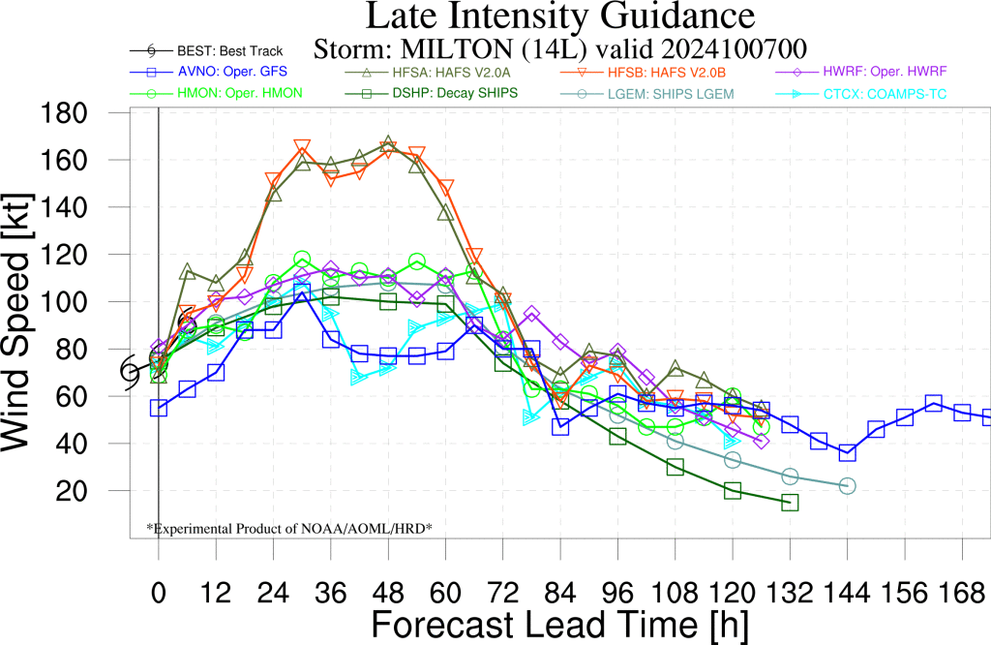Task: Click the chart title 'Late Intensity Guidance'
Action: click(560, 15)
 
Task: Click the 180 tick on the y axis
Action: click(64, 113)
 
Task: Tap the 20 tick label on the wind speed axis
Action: click(72, 491)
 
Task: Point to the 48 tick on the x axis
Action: click(388, 593)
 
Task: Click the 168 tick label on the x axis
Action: click(961, 593)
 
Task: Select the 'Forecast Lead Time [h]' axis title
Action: click(560, 625)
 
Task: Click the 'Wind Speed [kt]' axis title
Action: click(15, 322)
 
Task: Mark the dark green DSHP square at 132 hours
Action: click(790, 503)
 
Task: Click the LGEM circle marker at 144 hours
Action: click(848, 485)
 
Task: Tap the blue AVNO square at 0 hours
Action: click(159, 409)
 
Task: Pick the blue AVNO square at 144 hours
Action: click(848, 453)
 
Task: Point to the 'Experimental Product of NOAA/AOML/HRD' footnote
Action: click(289, 528)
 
